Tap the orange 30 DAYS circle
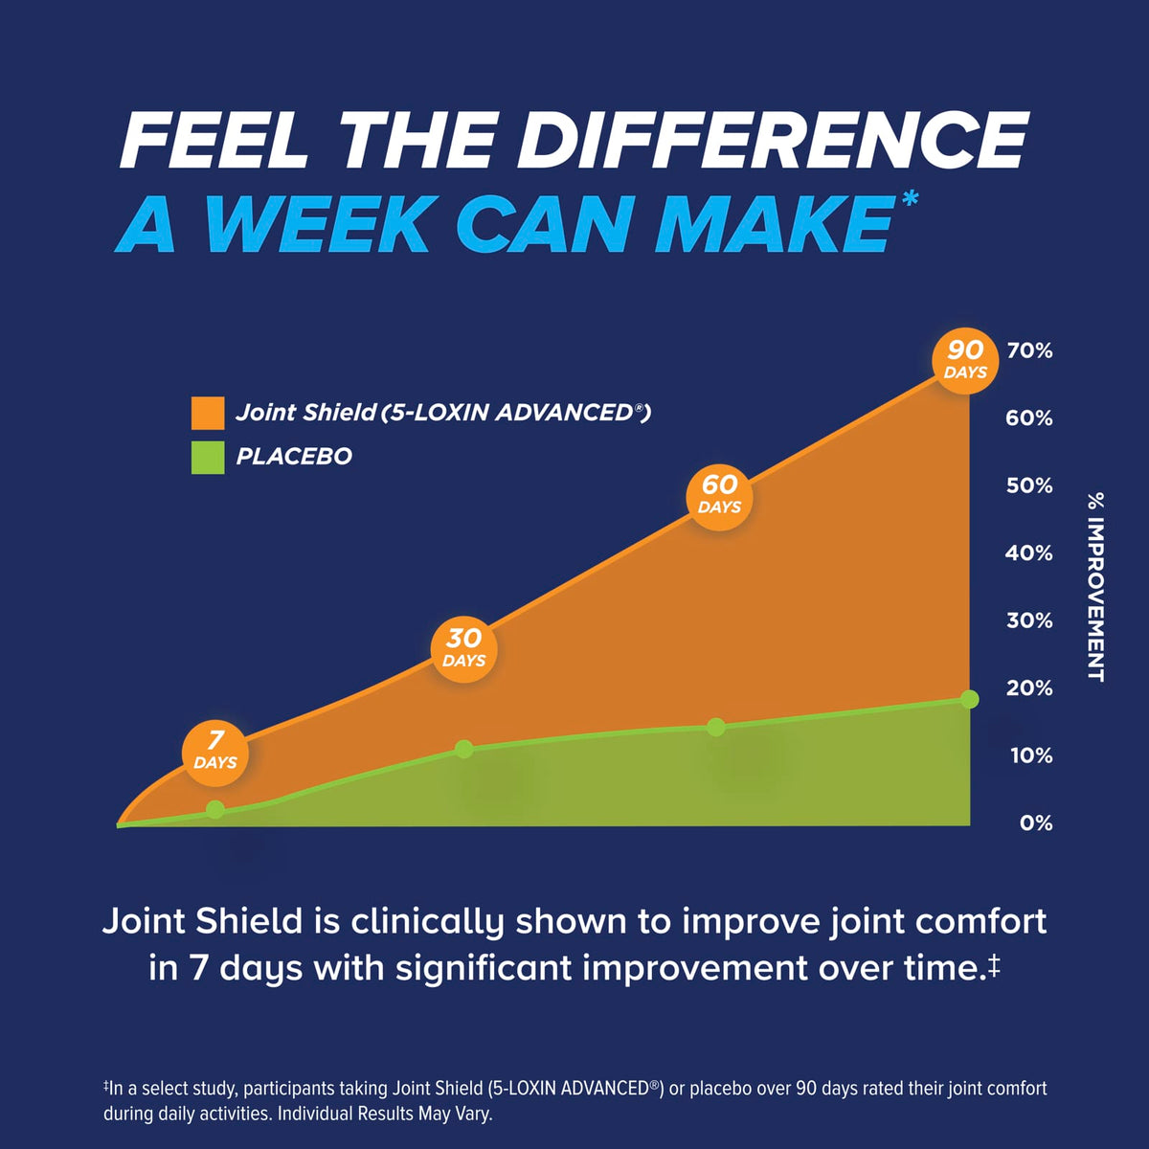463,649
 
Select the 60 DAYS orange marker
718,497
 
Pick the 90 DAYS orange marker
965,361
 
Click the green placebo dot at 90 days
970,699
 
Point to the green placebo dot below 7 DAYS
215,810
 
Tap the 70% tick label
1029,351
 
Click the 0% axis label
1036,823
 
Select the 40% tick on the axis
1029,553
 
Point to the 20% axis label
1029,688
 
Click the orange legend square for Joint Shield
208,413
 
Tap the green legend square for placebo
208,458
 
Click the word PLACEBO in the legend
294,457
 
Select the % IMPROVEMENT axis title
1096,587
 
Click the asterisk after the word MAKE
910,199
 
